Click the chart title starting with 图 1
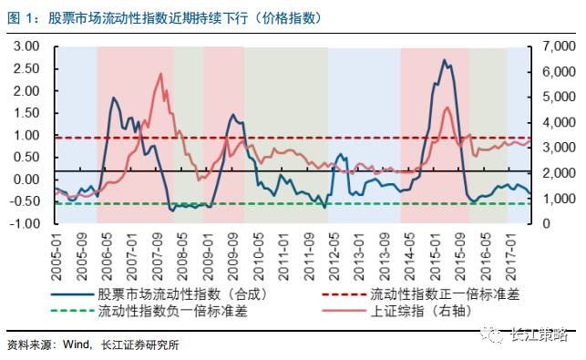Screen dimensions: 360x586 (169, 17)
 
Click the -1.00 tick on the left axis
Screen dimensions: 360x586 (25, 223)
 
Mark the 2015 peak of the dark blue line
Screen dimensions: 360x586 (444, 61)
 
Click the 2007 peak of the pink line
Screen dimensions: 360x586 (160, 75)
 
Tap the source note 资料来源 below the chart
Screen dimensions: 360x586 (91, 345)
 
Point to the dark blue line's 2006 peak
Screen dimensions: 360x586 (114, 98)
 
